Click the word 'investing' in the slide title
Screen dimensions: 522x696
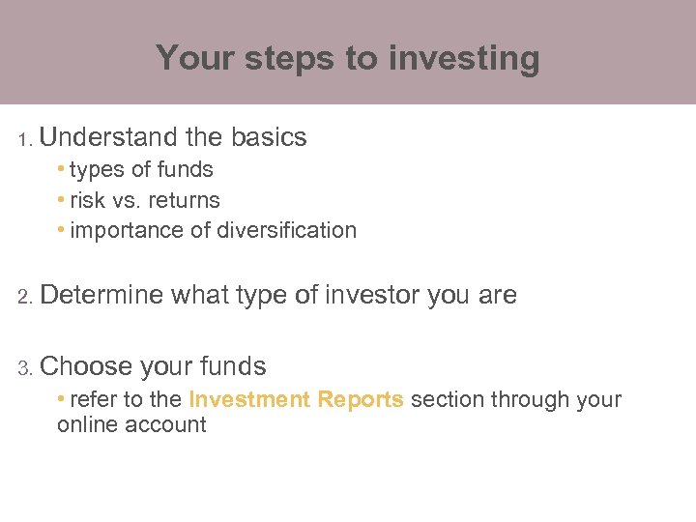(x=464, y=59)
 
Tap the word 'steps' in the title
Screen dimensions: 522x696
(x=286, y=59)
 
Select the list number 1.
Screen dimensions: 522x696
(x=25, y=140)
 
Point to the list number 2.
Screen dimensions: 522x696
(x=26, y=297)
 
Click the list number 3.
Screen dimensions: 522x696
(x=26, y=368)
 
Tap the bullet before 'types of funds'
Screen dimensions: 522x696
(x=61, y=169)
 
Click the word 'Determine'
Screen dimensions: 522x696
(x=102, y=295)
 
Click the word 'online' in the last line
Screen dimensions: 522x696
(x=88, y=425)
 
